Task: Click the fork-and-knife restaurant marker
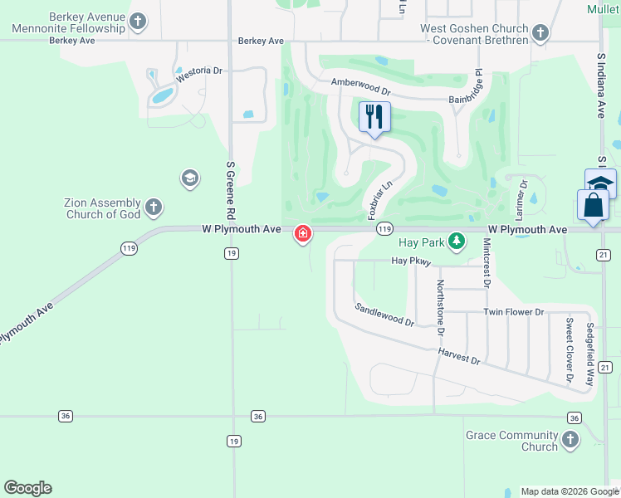(x=374, y=117)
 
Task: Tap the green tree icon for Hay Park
(x=456, y=241)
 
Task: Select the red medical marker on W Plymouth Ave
(x=303, y=235)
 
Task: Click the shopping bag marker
(x=594, y=205)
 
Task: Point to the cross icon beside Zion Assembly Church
(x=153, y=207)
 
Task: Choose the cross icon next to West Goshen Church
(x=540, y=34)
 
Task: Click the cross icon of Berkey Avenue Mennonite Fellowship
(x=139, y=22)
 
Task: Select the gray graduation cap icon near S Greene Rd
(x=189, y=178)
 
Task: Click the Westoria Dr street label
(x=199, y=76)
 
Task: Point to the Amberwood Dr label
(x=360, y=85)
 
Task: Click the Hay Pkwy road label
(x=413, y=261)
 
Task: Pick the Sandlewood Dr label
(x=384, y=315)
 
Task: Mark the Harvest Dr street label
(x=459, y=356)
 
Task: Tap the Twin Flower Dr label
(x=513, y=312)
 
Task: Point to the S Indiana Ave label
(x=600, y=86)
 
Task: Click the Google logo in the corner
(x=27, y=488)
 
